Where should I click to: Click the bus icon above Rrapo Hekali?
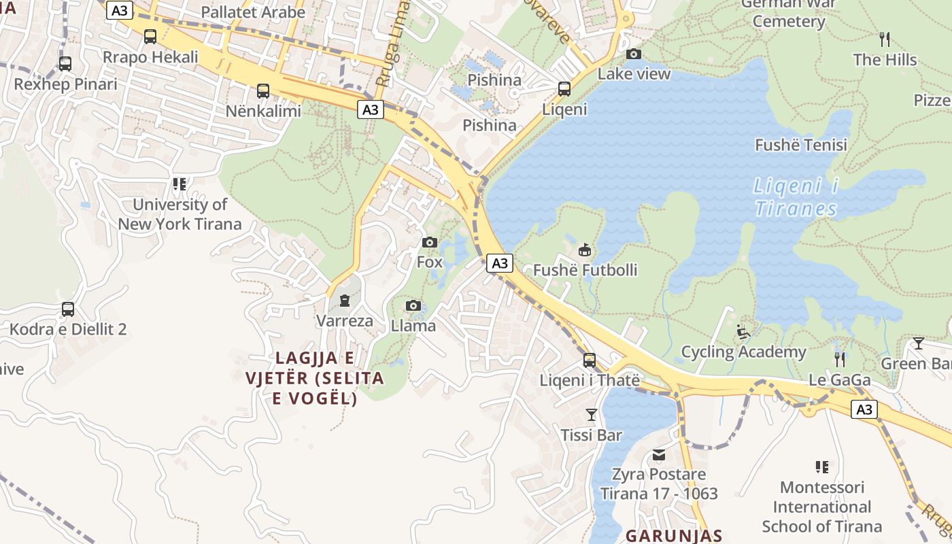click(150, 36)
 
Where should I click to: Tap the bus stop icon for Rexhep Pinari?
click(65, 64)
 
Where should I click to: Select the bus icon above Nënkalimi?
click(263, 90)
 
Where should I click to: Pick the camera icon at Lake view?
click(634, 54)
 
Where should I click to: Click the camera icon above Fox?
click(429, 242)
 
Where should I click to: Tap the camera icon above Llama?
click(413, 306)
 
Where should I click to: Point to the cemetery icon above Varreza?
click(345, 301)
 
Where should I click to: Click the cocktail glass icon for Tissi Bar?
click(592, 414)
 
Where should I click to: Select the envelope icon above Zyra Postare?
click(659, 454)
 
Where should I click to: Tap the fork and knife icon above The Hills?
click(885, 39)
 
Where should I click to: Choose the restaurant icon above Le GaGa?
click(840, 359)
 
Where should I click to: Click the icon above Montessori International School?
click(822, 467)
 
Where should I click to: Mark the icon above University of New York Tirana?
click(180, 184)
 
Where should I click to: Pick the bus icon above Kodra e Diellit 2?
click(68, 309)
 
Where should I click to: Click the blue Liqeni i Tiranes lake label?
click(796, 197)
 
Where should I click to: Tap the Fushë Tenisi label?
click(801, 145)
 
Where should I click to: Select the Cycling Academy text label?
click(743, 352)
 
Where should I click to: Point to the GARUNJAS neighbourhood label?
click(674, 535)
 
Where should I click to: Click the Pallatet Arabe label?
click(253, 12)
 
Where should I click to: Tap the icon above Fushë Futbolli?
click(585, 250)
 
